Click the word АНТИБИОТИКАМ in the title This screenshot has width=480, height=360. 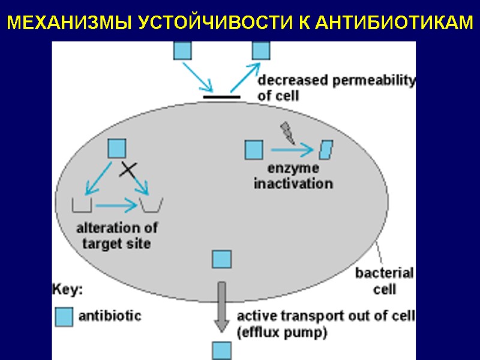tap(393, 23)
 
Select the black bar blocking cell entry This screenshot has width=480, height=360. tap(221, 95)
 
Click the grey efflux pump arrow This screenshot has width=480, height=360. tap(221, 306)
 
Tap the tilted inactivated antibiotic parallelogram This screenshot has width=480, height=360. tap(326, 150)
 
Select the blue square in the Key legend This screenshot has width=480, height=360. tap(63, 316)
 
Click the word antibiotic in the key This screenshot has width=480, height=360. tap(110, 315)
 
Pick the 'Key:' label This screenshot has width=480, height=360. tap(67, 290)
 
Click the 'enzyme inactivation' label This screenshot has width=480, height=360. tap(293, 176)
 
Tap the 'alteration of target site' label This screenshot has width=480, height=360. tap(117, 235)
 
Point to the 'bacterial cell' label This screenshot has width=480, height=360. tap(385, 281)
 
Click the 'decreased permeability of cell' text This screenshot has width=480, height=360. tap(336, 87)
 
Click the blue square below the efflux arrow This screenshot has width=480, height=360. tap(221, 350)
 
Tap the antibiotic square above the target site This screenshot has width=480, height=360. tap(116, 148)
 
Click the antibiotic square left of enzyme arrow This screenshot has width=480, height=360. tap(254, 150)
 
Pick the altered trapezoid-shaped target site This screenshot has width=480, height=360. tap(152, 205)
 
